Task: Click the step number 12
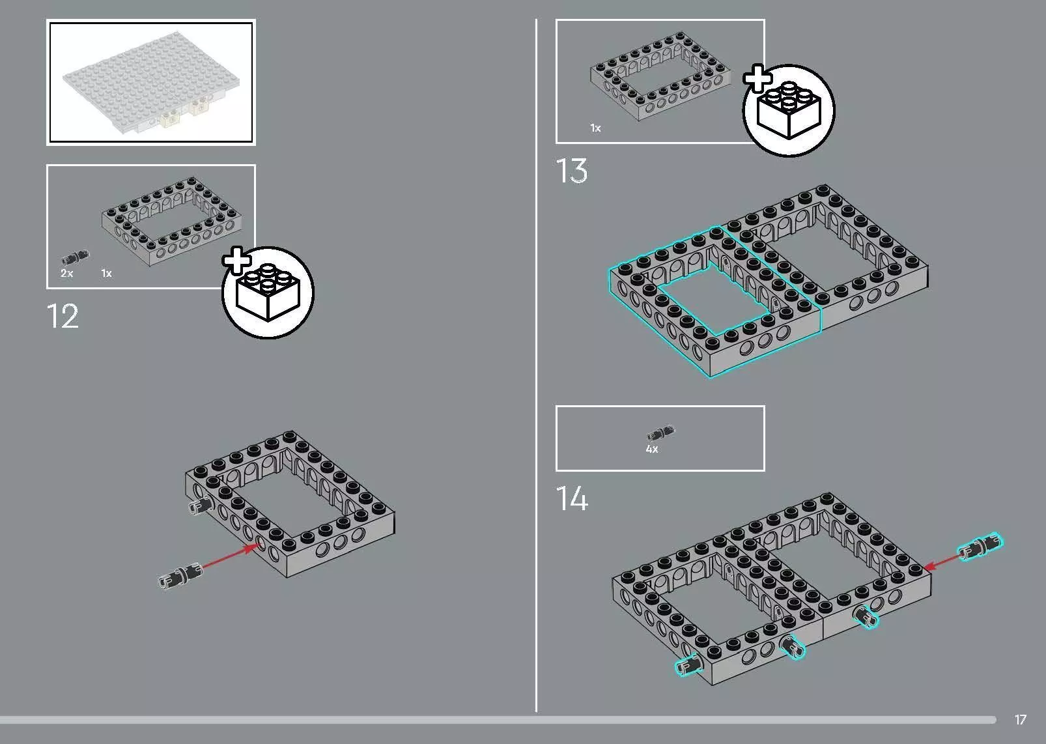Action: [63, 316]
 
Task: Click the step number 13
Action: [572, 171]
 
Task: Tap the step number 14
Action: [572, 498]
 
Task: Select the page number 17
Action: [1021, 719]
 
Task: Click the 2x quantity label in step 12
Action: [67, 273]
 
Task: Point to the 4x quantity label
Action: [652, 449]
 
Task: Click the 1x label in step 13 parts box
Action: [595, 128]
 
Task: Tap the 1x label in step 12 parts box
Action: [106, 273]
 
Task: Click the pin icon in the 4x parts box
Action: [660, 433]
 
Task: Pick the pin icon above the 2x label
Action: [75, 257]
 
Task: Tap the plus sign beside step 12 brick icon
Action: [237, 261]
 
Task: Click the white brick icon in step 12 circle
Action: [268, 293]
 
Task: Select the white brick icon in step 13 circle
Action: [789, 110]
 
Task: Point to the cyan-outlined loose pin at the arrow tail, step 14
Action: [979, 547]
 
